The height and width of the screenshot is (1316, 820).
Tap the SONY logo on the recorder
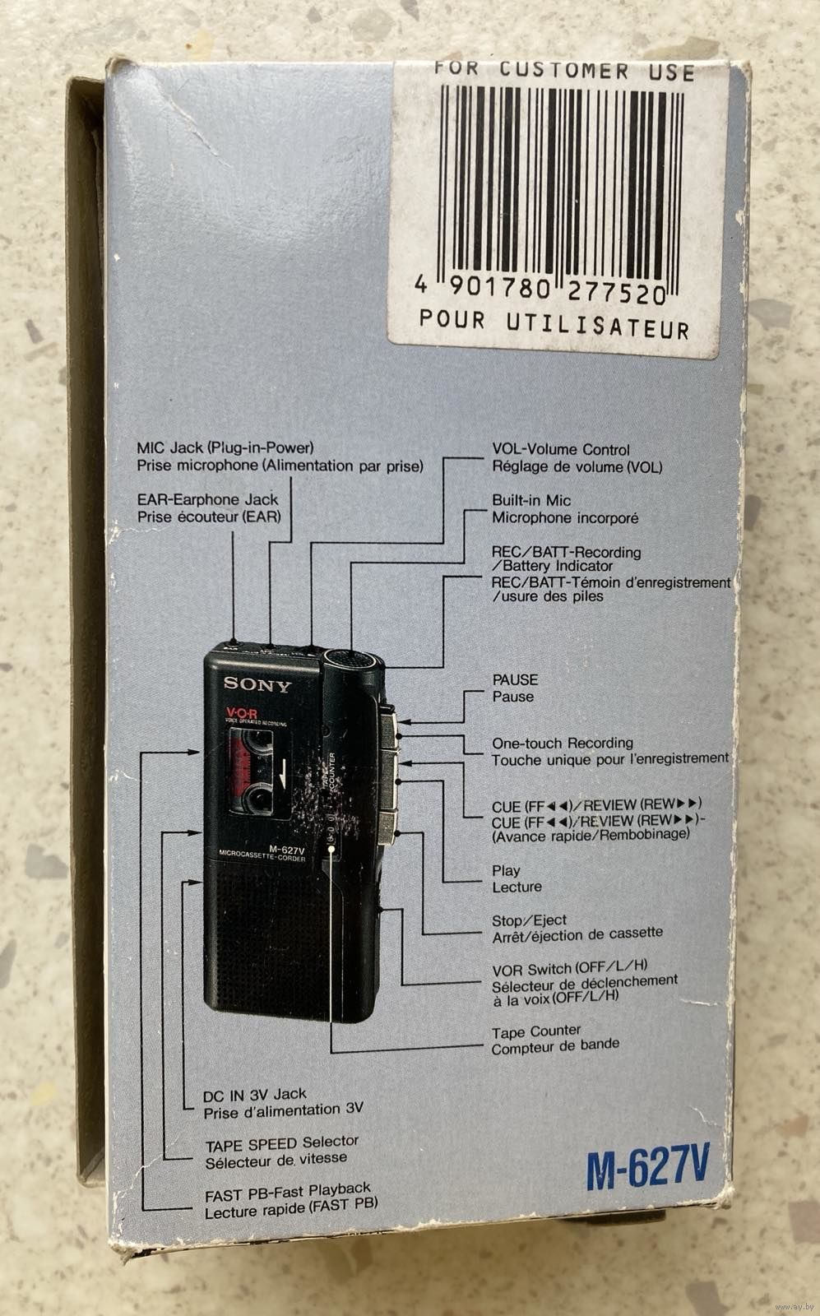click(x=257, y=684)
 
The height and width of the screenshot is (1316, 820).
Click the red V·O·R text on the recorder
click(x=241, y=713)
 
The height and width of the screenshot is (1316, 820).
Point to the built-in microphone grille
click(x=352, y=658)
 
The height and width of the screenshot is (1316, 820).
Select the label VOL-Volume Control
click(x=561, y=449)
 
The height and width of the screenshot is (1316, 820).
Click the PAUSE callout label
click(x=515, y=679)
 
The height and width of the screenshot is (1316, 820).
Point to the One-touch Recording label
click(x=563, y=743)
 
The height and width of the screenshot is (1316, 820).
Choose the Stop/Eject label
click(x=529, y=920)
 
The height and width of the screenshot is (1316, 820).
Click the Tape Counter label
click(x=536, y=1031)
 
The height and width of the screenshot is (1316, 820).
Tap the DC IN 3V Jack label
click(x=254, y=1095)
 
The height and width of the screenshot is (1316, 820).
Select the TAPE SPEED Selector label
click(x=281, y=1142)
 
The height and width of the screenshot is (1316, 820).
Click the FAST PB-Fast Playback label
click(x=287, y=1189)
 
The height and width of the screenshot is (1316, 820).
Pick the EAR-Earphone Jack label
click(x=207, y=499)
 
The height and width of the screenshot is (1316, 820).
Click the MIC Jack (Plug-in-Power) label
click(x=225, y=448)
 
